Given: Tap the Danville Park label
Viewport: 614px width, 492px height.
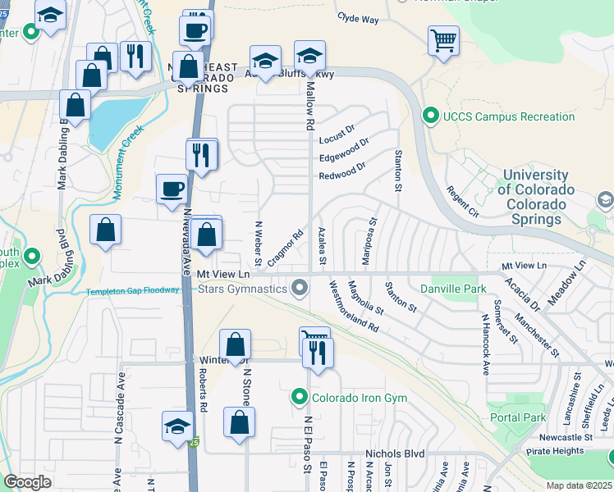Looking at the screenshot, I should click(x=453, y=289).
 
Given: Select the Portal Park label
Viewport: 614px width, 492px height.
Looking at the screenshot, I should click(x=522, y=417).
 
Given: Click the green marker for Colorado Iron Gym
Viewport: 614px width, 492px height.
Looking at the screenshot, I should click(x=300, y=399).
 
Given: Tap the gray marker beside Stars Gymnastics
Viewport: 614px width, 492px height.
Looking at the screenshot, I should click(x=300, y=288).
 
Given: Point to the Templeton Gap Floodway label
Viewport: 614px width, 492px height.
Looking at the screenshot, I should click(x=139, y=290).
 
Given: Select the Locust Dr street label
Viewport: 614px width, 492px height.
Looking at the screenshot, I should click(x=337, y=130).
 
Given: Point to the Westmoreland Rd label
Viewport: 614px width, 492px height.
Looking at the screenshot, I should click(x=354, y=306).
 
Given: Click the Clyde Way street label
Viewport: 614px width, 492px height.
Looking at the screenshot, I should click(x=358, y=18).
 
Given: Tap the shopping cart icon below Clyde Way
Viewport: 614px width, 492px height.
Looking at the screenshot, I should click(x=443, y=39).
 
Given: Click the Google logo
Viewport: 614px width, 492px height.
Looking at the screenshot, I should click(x=28, y=482).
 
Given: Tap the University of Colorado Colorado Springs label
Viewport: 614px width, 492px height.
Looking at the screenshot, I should click(x=536, y=197).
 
